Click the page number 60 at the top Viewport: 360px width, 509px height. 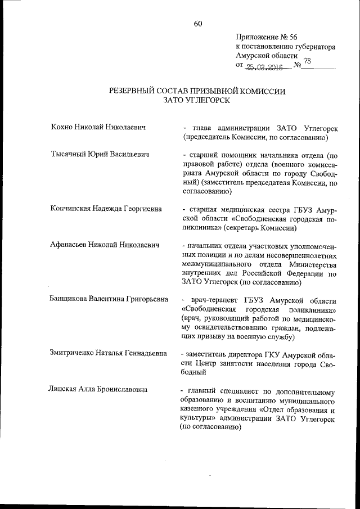[x=197, y=23]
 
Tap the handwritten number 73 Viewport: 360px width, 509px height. [x=307, y=61]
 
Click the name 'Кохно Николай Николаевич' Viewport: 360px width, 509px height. [x=98, y=128]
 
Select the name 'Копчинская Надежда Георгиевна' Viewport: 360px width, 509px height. [x=106, y=209]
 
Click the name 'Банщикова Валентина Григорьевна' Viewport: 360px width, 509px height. [x=109, y=300]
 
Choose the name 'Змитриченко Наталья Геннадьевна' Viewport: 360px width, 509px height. [x=109, y=354]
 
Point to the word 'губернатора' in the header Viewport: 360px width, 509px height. [x=312, y=47]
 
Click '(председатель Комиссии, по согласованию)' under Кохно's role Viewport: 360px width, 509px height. [x=255, y=137]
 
